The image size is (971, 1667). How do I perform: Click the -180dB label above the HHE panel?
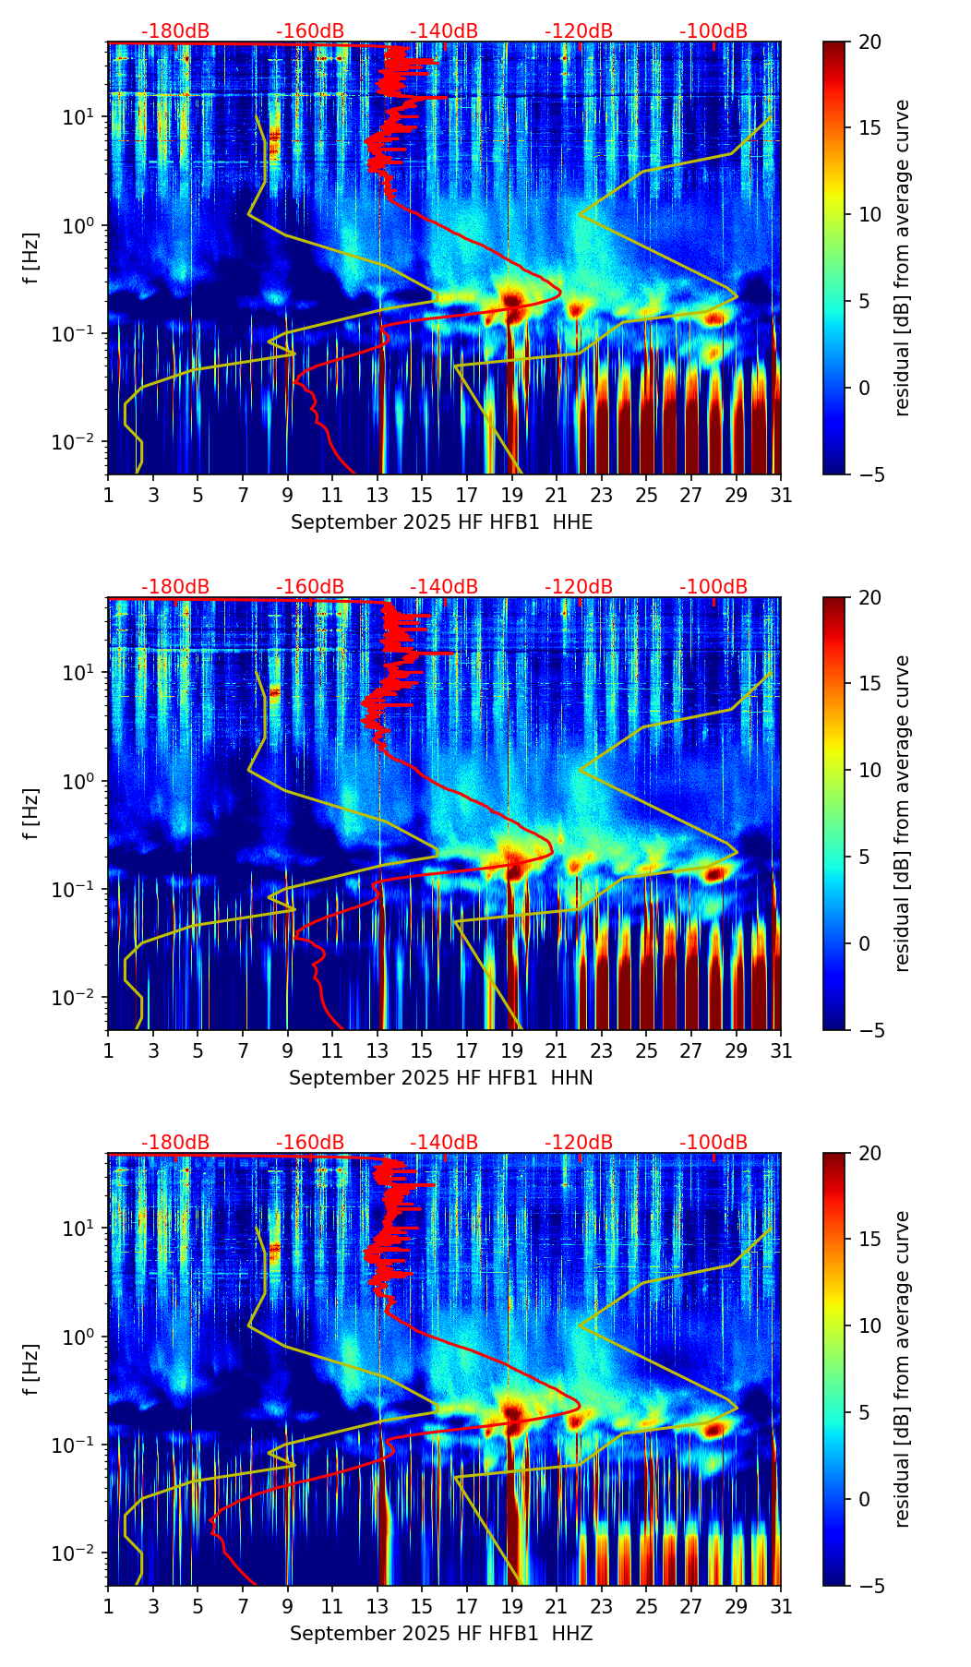point(175,31)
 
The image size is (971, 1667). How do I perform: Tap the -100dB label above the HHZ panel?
point(713,1143)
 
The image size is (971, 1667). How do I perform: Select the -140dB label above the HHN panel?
point(444,587)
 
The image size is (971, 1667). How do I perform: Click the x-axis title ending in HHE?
point(441,522)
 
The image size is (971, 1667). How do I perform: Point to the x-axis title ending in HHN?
point(441,1078)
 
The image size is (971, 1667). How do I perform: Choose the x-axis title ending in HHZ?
point(441,1634)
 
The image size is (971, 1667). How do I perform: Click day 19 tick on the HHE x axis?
point(511,496)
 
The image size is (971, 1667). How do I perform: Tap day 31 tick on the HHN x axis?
point(781,1051)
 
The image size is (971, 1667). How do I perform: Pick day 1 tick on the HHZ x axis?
point(108,1607)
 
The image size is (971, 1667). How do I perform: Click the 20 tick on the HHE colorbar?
point(869,42)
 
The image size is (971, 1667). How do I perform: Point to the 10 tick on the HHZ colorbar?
point(869,1325)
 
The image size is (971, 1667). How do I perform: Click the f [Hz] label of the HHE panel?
point(31,258)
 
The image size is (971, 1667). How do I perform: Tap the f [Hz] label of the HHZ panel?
point(31,1370)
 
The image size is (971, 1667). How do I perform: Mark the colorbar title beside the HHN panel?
point(903,813)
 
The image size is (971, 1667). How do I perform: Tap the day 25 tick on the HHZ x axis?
point(646,1607)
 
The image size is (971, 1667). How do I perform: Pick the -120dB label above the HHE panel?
point(579,31)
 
